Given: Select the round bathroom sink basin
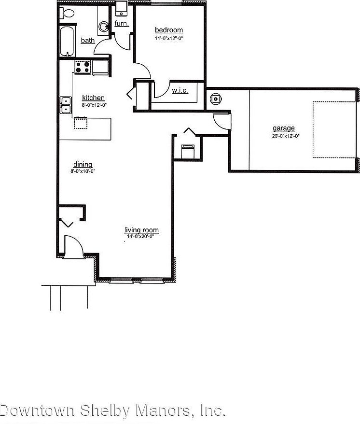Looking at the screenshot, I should [x=104, y=28].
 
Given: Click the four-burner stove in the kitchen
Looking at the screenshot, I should [x=83, y=67].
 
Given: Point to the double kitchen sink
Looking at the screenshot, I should [x=65, y=105].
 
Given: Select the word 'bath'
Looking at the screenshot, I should [x=88, y=41].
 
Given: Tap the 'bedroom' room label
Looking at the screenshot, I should [x=169, y=30].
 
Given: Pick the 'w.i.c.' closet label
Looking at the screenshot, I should [x=180, y=90].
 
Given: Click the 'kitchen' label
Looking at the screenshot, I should [x=93, y=98].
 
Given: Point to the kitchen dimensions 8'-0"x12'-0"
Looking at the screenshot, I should [x=93, y=104].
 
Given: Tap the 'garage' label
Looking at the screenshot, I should [x=284, y=128].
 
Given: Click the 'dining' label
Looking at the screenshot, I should [x=83, y=164].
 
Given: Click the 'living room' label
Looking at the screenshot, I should [x=141, y=230].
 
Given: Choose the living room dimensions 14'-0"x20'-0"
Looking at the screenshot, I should [x=141, y=237].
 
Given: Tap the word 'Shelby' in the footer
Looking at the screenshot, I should [x=105, y=411].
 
